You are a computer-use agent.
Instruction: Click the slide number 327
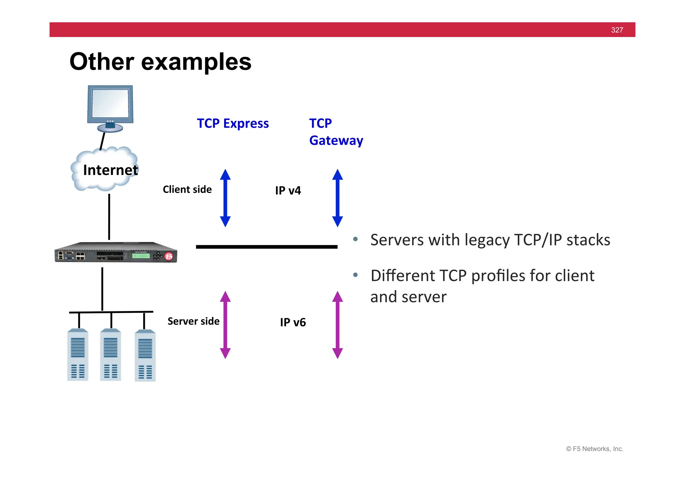coord(617,30)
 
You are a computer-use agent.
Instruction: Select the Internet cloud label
coord(110,170)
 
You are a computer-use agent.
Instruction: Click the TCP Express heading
coord(232,123)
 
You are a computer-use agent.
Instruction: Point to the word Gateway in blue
coord(336,140)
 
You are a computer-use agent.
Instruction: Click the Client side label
coord(187,189)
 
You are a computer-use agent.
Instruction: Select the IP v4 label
coord(288,190)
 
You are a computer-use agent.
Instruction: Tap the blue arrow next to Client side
coord(225,198)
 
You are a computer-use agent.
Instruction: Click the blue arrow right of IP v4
coord(337,198)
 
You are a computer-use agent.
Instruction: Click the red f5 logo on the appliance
coord(169,256)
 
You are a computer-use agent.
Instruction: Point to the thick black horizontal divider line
coord(267,247)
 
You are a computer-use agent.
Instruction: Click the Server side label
coord(193,321)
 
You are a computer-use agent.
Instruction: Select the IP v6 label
coord(293,322)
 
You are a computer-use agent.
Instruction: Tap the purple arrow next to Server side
coord(225,325)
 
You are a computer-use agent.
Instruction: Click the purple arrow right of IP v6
coord(337,325)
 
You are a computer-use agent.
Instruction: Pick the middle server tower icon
coord(111,355)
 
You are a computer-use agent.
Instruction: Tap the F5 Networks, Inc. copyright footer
coord(594,449)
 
